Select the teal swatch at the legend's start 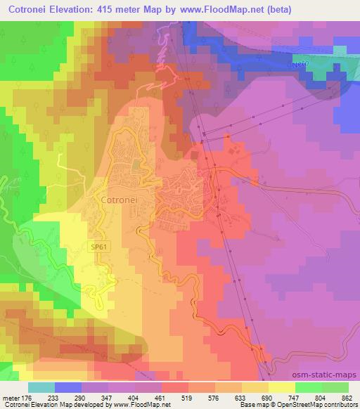click(41, 387)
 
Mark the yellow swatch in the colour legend click(281, 387)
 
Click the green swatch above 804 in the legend click(309, 387)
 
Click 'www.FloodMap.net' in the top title click(214, 11)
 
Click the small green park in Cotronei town click(136, 164)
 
